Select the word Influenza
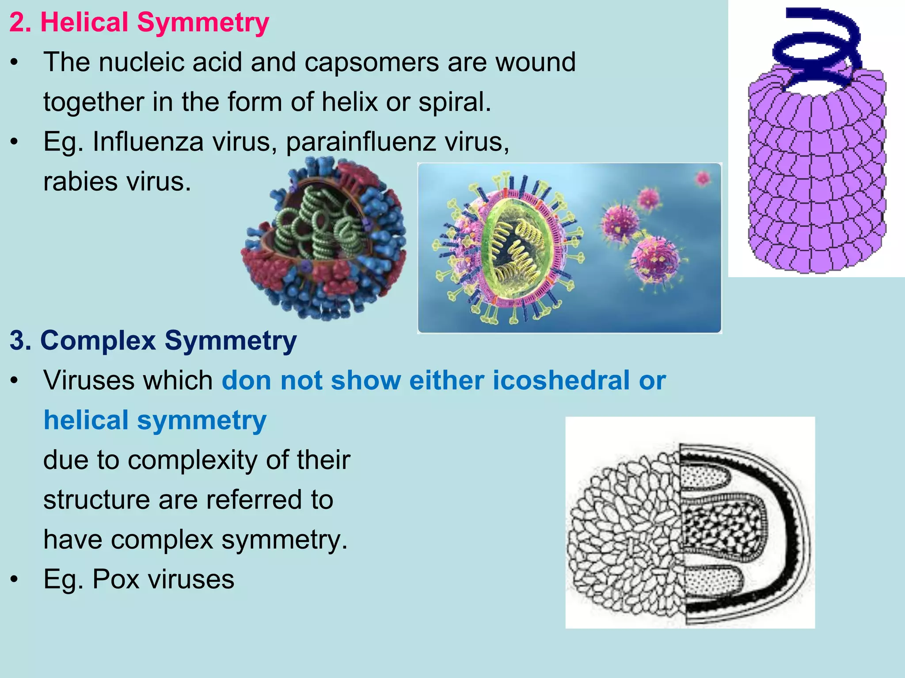click(x=148, y=142)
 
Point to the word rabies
click(x=80, y=181)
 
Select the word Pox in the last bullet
click(x=116, y=579)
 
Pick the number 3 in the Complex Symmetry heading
click(x=17, y=341)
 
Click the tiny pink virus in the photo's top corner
click(x=702, y=178)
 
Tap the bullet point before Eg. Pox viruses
click(x=15, y=579)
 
